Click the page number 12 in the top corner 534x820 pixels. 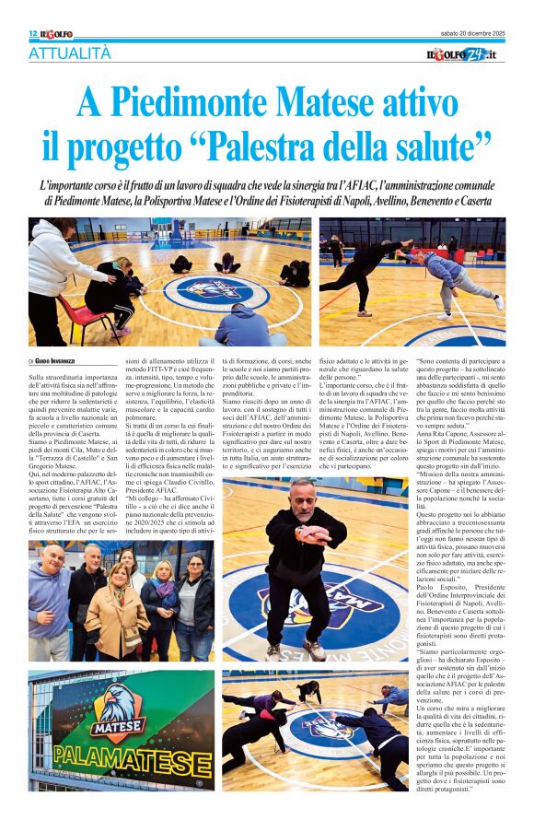(x=33, y=33)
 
